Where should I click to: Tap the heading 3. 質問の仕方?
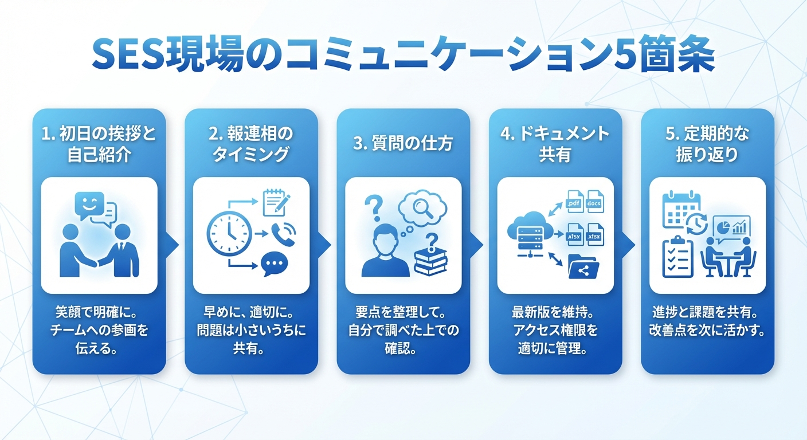[x=403, y=143]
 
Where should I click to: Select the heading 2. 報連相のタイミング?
[x=251, y=144]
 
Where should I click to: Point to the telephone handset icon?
[x=283, y=234]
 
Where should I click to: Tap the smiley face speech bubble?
[x=89, y=205]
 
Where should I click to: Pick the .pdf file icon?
[x=575, y=202]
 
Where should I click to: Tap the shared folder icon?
[x=583, y=267]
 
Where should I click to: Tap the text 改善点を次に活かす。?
[x=707, y=331]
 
